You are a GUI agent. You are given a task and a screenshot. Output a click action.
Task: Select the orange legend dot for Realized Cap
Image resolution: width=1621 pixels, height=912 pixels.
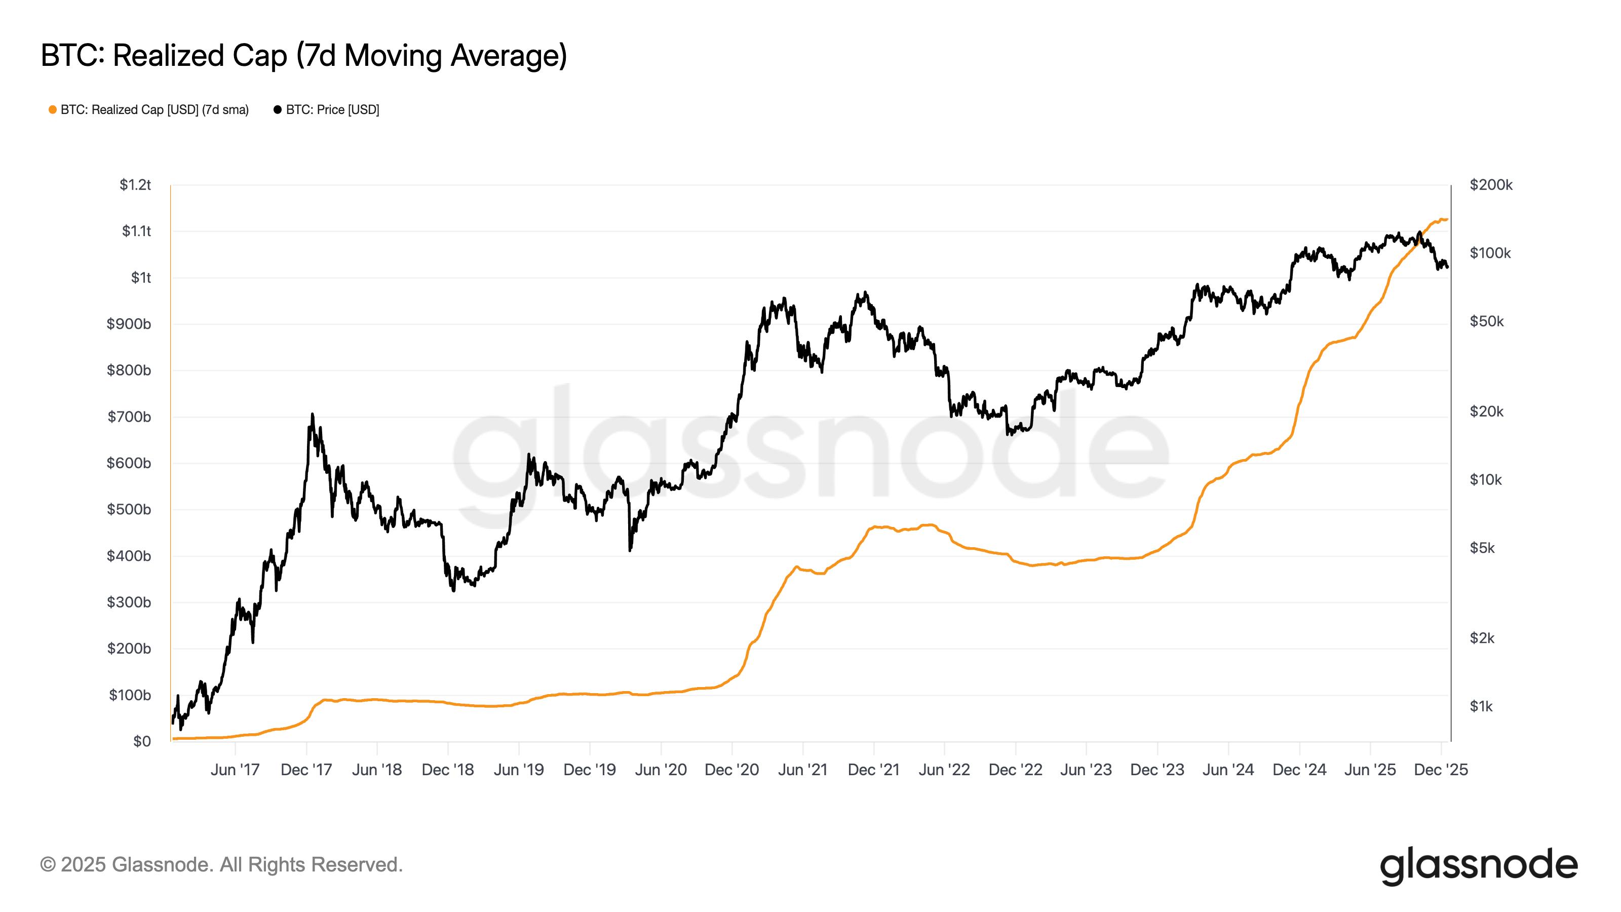[53, 110]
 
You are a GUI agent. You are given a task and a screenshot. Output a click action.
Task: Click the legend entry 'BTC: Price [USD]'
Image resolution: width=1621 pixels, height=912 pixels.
[332, 110]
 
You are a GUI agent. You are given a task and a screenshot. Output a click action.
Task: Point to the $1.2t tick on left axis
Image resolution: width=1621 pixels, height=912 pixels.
[135, 185]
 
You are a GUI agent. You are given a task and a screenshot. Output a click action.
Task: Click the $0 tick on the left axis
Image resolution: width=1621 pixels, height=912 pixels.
[142, 741]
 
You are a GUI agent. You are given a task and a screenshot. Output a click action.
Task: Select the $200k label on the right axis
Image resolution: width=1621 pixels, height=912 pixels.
[1491, 185]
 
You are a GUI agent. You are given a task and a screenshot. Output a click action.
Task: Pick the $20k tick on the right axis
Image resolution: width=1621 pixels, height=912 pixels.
[1486, 411]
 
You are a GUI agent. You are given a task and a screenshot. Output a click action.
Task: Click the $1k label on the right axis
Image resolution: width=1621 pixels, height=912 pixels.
[1481, 706]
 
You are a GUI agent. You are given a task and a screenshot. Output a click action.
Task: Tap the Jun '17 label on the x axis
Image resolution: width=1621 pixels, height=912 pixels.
[235, 770]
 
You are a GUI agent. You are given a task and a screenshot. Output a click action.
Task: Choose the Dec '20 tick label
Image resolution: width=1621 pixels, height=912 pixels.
[731, 770]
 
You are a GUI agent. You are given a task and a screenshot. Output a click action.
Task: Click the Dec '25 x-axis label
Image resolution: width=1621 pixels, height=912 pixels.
[1440, 770]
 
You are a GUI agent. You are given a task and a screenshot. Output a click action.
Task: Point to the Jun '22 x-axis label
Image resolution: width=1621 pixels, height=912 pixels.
[944, 770]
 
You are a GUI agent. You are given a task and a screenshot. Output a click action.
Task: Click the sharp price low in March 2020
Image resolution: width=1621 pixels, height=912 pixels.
[630, 550]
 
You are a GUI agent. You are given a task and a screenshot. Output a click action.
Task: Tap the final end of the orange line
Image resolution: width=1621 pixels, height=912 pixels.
[1447, 219]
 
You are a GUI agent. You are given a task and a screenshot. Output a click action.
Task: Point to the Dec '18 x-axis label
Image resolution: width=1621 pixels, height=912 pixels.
[447, 770]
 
